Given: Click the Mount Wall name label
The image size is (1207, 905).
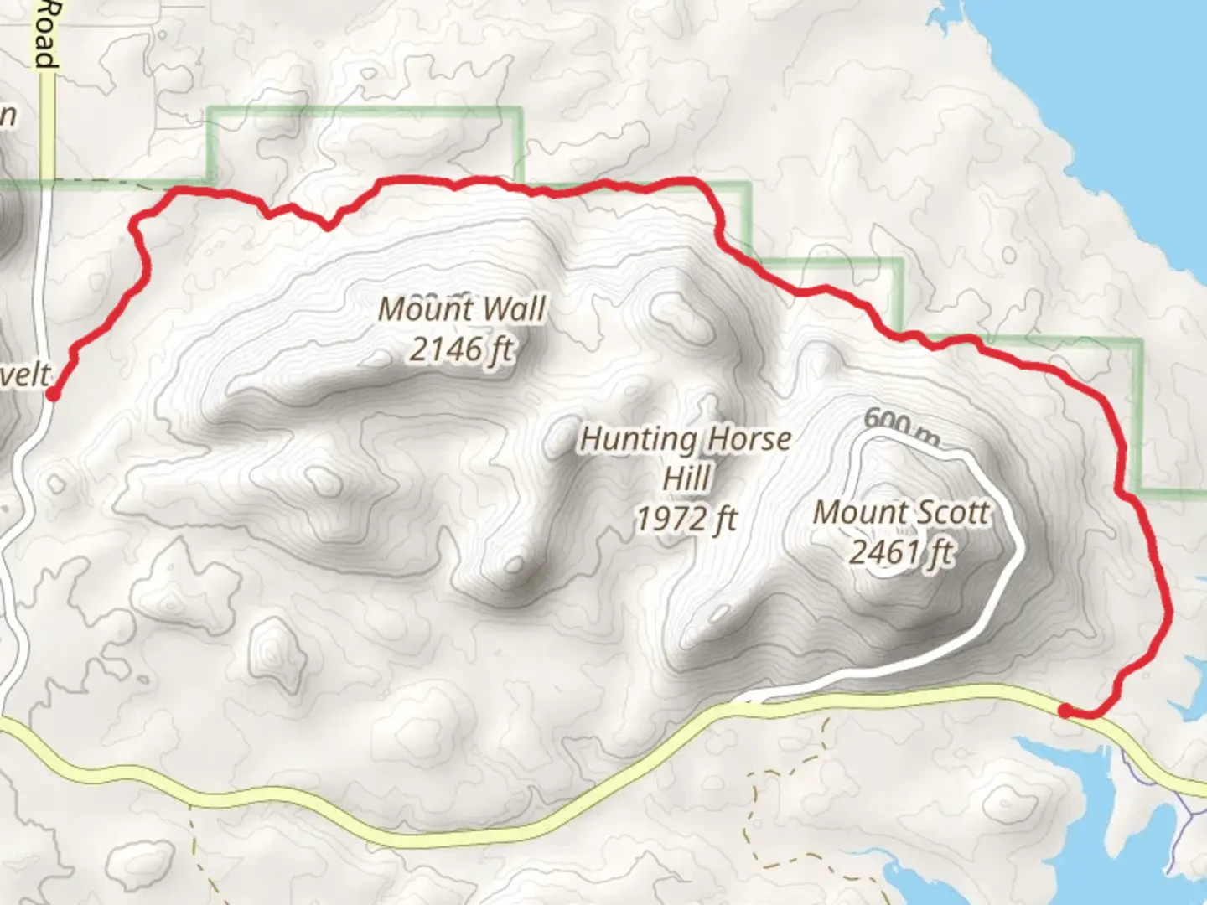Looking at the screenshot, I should point(462,309).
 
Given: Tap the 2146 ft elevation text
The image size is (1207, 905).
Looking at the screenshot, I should point(462,349).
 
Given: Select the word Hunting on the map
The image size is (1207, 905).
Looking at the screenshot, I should point(639,439).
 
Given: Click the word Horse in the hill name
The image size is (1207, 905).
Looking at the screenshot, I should point(749,439).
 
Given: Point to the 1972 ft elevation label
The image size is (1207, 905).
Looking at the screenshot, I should point(686,520).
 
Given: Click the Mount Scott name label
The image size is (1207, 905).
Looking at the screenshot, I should point(901,512).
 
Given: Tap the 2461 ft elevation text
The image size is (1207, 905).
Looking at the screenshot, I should point(901,552).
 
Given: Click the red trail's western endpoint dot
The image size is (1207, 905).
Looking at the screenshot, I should point(52,394).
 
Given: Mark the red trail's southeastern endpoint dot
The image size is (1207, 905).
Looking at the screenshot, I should point(1065,711).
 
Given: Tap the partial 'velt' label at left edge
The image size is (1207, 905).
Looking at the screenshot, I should point(25,375).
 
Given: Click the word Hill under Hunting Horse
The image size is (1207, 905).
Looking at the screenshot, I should point(686,479).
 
